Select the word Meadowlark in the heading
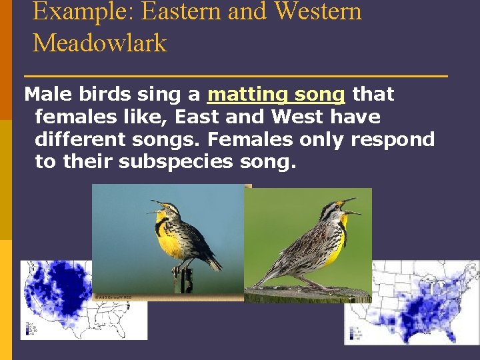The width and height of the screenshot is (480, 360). point(99,43)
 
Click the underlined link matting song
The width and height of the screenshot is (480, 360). point(276,95)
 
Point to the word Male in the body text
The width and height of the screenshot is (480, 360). point(46,95)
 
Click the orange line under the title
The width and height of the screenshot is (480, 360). point(235,77)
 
